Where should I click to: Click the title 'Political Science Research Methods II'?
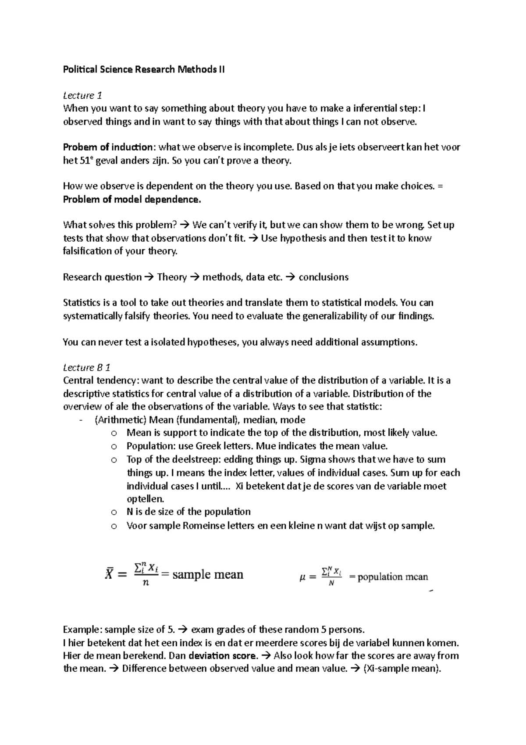point(144,69)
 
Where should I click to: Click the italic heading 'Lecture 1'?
point(79,95)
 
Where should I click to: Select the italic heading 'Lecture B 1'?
point(86,367)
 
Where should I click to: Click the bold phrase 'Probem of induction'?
point(109,147)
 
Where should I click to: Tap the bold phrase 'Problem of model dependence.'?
point(132,199)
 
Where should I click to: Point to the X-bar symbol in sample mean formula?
point(110,573)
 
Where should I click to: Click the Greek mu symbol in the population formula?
point(302,578)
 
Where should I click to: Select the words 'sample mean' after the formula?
point(208,574)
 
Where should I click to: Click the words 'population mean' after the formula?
point(393,577)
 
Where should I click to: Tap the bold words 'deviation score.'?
point(223,655)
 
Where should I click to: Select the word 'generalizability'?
point(333,316)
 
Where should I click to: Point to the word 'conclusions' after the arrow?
point(323,277)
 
